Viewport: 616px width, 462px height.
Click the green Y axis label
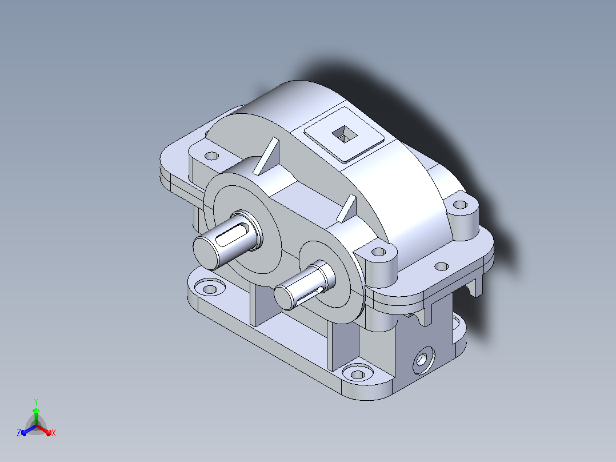(x=36, y=402)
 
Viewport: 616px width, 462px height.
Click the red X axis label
(x=54, y=433)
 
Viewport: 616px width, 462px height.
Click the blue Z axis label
(x=19, y=433)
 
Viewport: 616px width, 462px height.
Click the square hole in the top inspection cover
(x=345, y=134)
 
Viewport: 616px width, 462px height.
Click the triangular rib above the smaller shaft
(x=346, y=208)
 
